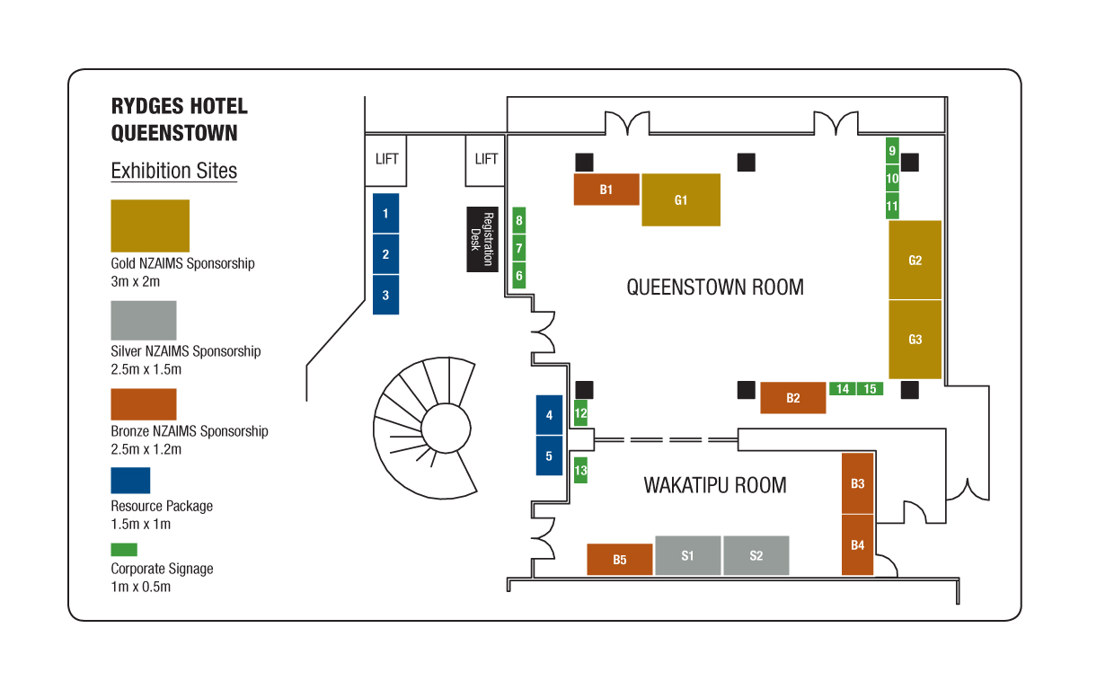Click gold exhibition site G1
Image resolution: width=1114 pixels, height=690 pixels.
(x=681, y=199)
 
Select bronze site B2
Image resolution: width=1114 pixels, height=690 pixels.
(x=792, y=397)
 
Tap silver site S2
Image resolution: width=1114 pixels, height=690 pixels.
(x=756, y=555)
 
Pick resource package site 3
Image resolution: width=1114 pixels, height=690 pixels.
(x=385, y=295)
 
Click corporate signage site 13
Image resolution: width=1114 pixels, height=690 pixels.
(x=580, y=470)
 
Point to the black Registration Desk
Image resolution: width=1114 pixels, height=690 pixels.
(x=482, y=239)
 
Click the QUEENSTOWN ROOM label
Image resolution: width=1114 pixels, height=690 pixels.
(x=714, y=287)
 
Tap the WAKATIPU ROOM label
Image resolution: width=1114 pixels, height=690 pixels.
(x=714, y=485)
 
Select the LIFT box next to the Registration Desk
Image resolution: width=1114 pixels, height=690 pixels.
(x=485, y=160)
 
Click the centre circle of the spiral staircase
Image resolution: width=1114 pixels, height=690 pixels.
(x=446, y=429)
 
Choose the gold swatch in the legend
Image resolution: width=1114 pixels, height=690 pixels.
(x=150, y=226)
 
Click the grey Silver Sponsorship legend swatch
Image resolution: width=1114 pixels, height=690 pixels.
(x=143, y=321)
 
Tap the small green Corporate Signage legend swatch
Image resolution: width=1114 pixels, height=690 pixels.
(x=124, y=550)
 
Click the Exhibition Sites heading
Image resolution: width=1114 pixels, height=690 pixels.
(x=173, y=171)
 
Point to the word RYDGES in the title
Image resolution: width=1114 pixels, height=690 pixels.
(x=147, y=106)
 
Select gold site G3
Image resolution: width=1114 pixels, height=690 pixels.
(x=915, y=340)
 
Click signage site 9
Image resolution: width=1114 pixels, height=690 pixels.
(x=892, y=150)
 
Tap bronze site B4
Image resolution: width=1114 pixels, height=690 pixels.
(x=857, y=544)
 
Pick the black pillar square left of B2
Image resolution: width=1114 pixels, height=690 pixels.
(x=746, y=390)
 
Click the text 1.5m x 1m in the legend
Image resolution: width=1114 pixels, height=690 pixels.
(x=141, y=524)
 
